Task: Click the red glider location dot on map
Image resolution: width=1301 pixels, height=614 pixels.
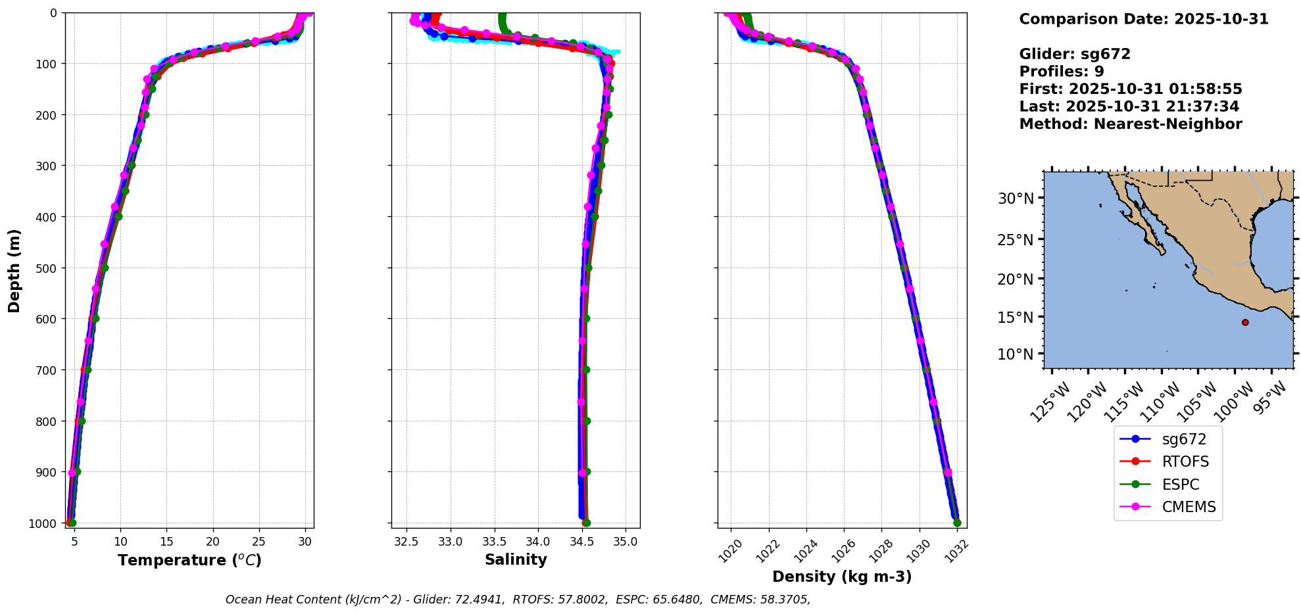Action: (x=1245, y=322)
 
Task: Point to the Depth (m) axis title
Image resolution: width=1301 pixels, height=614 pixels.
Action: (x=14, y=270)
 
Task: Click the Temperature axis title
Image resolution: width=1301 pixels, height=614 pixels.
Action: (x=189, y=560)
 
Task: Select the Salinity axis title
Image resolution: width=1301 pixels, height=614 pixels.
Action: (x=516, y=559)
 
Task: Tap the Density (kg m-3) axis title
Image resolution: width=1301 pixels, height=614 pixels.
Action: (x=842, y=577)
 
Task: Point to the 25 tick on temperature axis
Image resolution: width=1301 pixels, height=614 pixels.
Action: (x=259, y=542)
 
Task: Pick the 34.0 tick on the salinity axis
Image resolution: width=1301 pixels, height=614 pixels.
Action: (x=538, y=542)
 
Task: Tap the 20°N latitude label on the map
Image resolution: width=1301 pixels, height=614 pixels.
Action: (x=1016, y=279)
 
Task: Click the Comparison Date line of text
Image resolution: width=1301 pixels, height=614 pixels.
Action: (x=1144, y=19)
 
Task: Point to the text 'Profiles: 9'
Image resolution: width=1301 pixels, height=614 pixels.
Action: (x=1062, y=72)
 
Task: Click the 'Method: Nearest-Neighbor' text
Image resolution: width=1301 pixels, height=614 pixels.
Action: (x=1131, y=124)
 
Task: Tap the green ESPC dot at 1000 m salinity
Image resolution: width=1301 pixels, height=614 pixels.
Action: (x=586, y=523)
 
